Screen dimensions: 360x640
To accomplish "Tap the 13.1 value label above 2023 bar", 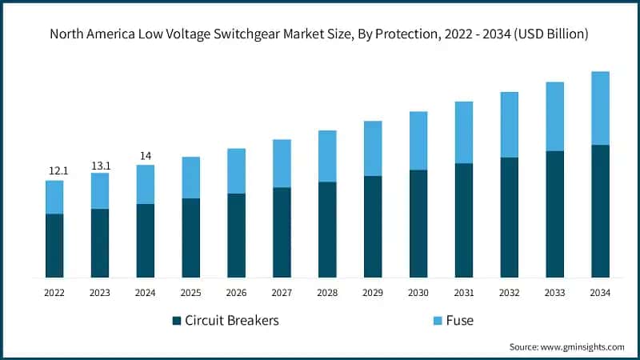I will (x=99, y=165).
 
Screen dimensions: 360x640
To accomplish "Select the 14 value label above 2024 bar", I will (x=145, y=156).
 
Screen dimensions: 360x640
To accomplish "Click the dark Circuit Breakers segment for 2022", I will (x=54, y=246).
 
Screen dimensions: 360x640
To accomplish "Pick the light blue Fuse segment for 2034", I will (x=600, y=108).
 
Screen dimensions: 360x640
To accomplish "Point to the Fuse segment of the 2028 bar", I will (x=327, y=156).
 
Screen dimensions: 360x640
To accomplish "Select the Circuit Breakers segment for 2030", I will (x=418, y=224).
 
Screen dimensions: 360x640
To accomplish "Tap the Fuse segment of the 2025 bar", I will (x=190, y=178).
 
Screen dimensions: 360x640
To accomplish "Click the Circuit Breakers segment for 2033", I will (x=554, y=214).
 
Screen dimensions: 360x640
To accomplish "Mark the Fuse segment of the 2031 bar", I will (x=463, y=133).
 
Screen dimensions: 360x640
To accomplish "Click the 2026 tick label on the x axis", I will (x=236, y=294).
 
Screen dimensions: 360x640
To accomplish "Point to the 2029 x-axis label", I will (x=373, y=294).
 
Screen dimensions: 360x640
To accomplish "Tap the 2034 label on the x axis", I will (x=600, y=294).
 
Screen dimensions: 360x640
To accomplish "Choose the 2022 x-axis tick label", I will (x=54, y=294).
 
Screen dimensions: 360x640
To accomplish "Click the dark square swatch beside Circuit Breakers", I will (x=177, y=321).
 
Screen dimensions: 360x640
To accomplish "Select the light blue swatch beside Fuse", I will (x=438, y=321).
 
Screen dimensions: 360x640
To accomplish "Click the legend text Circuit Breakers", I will (x=232, y=321).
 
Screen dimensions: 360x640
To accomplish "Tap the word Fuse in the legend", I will (x=460, y=321).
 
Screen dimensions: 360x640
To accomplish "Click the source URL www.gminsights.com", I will (x=582, y=347).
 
